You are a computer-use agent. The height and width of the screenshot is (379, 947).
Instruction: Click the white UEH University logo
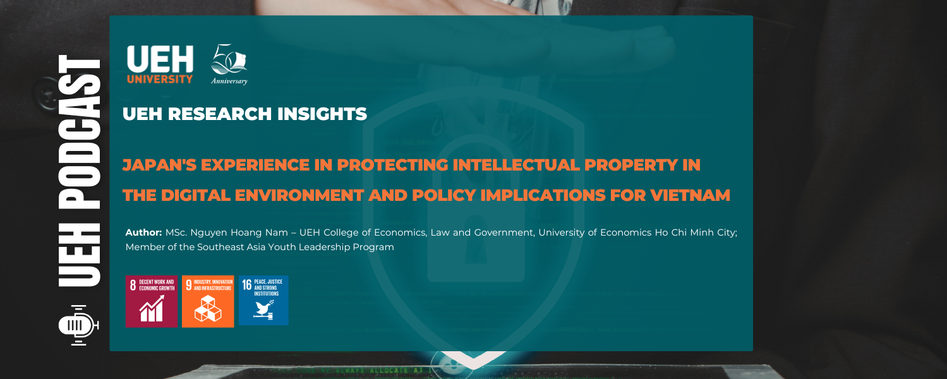coord(160,64)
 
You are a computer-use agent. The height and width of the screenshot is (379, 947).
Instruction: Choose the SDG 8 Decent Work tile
coord(152,301)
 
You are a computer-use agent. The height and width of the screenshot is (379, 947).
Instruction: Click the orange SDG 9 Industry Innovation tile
coord(208,301)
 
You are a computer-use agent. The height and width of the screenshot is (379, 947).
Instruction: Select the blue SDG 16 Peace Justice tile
coord(263,301)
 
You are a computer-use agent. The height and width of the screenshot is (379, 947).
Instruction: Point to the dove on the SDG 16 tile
coord(263,309)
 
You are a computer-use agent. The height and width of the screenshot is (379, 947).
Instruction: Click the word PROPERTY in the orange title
coord(634,165)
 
